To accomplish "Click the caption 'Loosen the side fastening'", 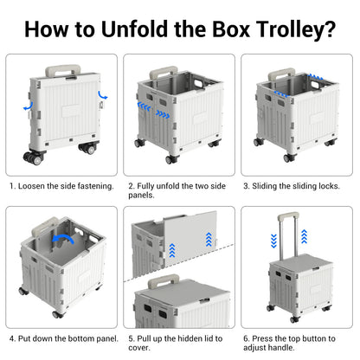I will (64, 185).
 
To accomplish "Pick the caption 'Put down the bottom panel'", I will (64, 337).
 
